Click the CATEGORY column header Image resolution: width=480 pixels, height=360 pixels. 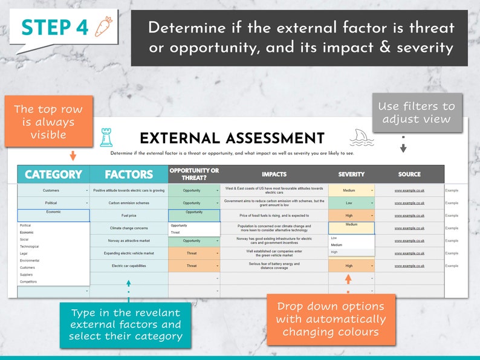[53, 175]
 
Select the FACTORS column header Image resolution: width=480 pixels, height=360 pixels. [129, 175]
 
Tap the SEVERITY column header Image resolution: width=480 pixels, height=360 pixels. [351, 175]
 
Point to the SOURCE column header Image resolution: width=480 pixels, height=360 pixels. [409, 175]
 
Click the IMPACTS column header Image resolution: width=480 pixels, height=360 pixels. [274, 175]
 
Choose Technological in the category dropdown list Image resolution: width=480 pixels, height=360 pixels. [30, 246]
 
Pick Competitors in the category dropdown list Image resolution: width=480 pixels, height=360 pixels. [28, 281]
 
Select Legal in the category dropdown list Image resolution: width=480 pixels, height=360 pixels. [24, 254]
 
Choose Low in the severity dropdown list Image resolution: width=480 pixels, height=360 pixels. [334, 238]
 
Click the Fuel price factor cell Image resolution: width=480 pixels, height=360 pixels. [129, 216]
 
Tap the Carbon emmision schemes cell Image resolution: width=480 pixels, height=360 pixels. [129, 203]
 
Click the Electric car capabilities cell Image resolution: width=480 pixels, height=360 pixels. [129, 266]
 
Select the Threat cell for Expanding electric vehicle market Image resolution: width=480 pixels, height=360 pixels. [192, 254]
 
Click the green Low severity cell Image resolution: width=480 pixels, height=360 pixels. [349, 203]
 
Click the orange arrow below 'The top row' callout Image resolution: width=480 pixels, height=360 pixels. [73, 155]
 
